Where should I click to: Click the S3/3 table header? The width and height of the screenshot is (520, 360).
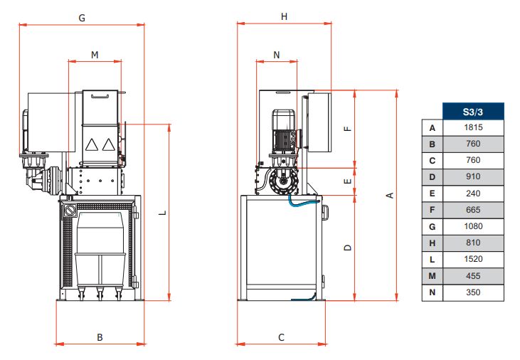click(473, 111)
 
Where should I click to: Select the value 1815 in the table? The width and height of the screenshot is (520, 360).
click(473, 127)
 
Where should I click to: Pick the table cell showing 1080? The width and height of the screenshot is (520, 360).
click(473, 226)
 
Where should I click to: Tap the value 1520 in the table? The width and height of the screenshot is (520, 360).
click(473, 259)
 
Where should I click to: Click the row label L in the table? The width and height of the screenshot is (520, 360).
click(432, 259)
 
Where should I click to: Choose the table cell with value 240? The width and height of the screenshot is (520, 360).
click(473, 194)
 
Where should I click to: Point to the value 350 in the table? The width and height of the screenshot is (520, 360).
click(473, 292)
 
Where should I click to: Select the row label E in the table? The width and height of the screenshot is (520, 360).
click(432, 194)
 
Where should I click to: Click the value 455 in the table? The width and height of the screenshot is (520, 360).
click(473, 275)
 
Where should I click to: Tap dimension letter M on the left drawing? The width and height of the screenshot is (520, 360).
click(95, 54)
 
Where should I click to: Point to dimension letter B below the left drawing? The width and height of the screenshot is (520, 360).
click(100, 337)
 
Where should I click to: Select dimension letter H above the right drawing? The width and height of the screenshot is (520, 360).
click(284, 16)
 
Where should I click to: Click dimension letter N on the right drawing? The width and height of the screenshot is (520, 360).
click(277, 54)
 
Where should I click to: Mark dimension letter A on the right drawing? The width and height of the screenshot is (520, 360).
click(389, 196)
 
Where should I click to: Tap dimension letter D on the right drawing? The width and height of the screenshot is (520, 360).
click(347, 248)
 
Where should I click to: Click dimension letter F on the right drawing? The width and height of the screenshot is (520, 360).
click(347, 129)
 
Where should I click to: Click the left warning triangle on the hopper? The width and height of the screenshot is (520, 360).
click(91, 144)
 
